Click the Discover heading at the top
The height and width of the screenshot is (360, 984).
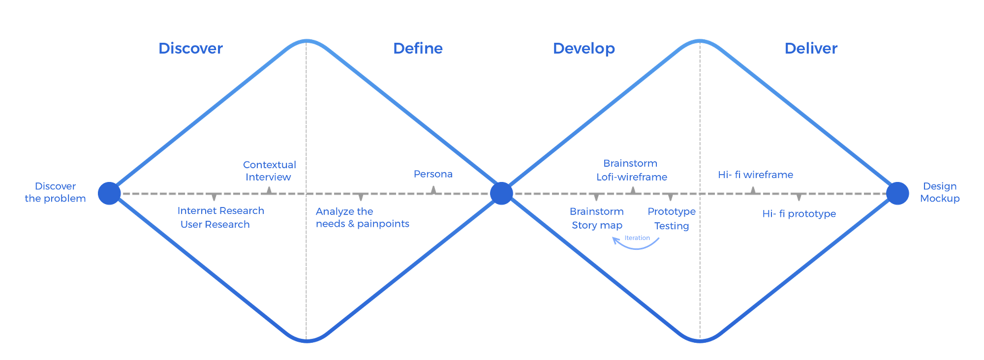coord(190,48)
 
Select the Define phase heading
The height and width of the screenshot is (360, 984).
coord(418,48)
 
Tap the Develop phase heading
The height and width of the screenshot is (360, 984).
coord(584,48)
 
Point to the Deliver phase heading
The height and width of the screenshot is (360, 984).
coord(810,48)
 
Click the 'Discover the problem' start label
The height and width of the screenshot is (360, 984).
coord(55,192)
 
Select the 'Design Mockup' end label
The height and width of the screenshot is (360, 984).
coord(940,192)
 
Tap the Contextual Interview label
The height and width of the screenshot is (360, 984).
coord(269,171)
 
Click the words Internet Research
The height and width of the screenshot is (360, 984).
coord(221,211)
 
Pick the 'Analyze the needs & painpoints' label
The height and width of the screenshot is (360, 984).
coord(362,218)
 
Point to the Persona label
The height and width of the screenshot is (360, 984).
coord(433,174)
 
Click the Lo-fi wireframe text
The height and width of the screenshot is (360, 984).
coord(631,177)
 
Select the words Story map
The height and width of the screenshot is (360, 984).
coord(597,226)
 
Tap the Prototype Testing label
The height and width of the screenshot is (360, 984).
coord(672,218)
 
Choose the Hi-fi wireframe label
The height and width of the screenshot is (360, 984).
coord(755,175)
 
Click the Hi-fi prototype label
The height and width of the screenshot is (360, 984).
coord(799,214)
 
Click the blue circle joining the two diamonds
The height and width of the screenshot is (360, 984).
coord(502,193)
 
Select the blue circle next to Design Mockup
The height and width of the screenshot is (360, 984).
coord(897,193)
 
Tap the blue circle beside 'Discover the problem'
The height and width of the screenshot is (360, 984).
coord(109,193)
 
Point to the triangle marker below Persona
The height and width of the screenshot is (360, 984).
coord(433,187)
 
